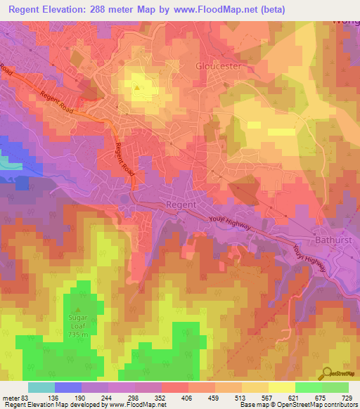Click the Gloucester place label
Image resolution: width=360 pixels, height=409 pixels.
[218, 65]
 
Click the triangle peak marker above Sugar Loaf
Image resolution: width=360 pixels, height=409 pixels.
[79, 310]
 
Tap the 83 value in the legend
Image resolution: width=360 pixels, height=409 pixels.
[24, 397]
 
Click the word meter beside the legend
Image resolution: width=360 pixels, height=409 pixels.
[10, 397]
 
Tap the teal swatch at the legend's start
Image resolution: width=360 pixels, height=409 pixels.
[41, 387]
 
